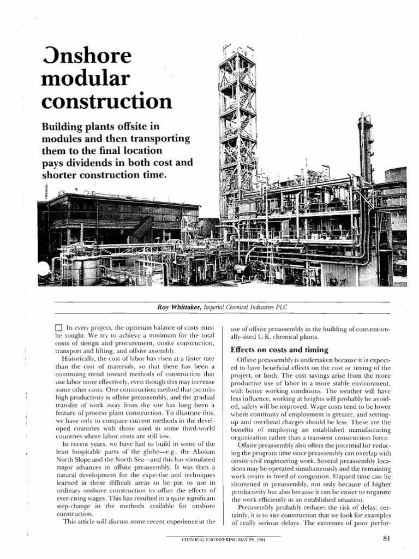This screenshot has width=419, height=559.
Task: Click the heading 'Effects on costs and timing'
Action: [x=279, y=349]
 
